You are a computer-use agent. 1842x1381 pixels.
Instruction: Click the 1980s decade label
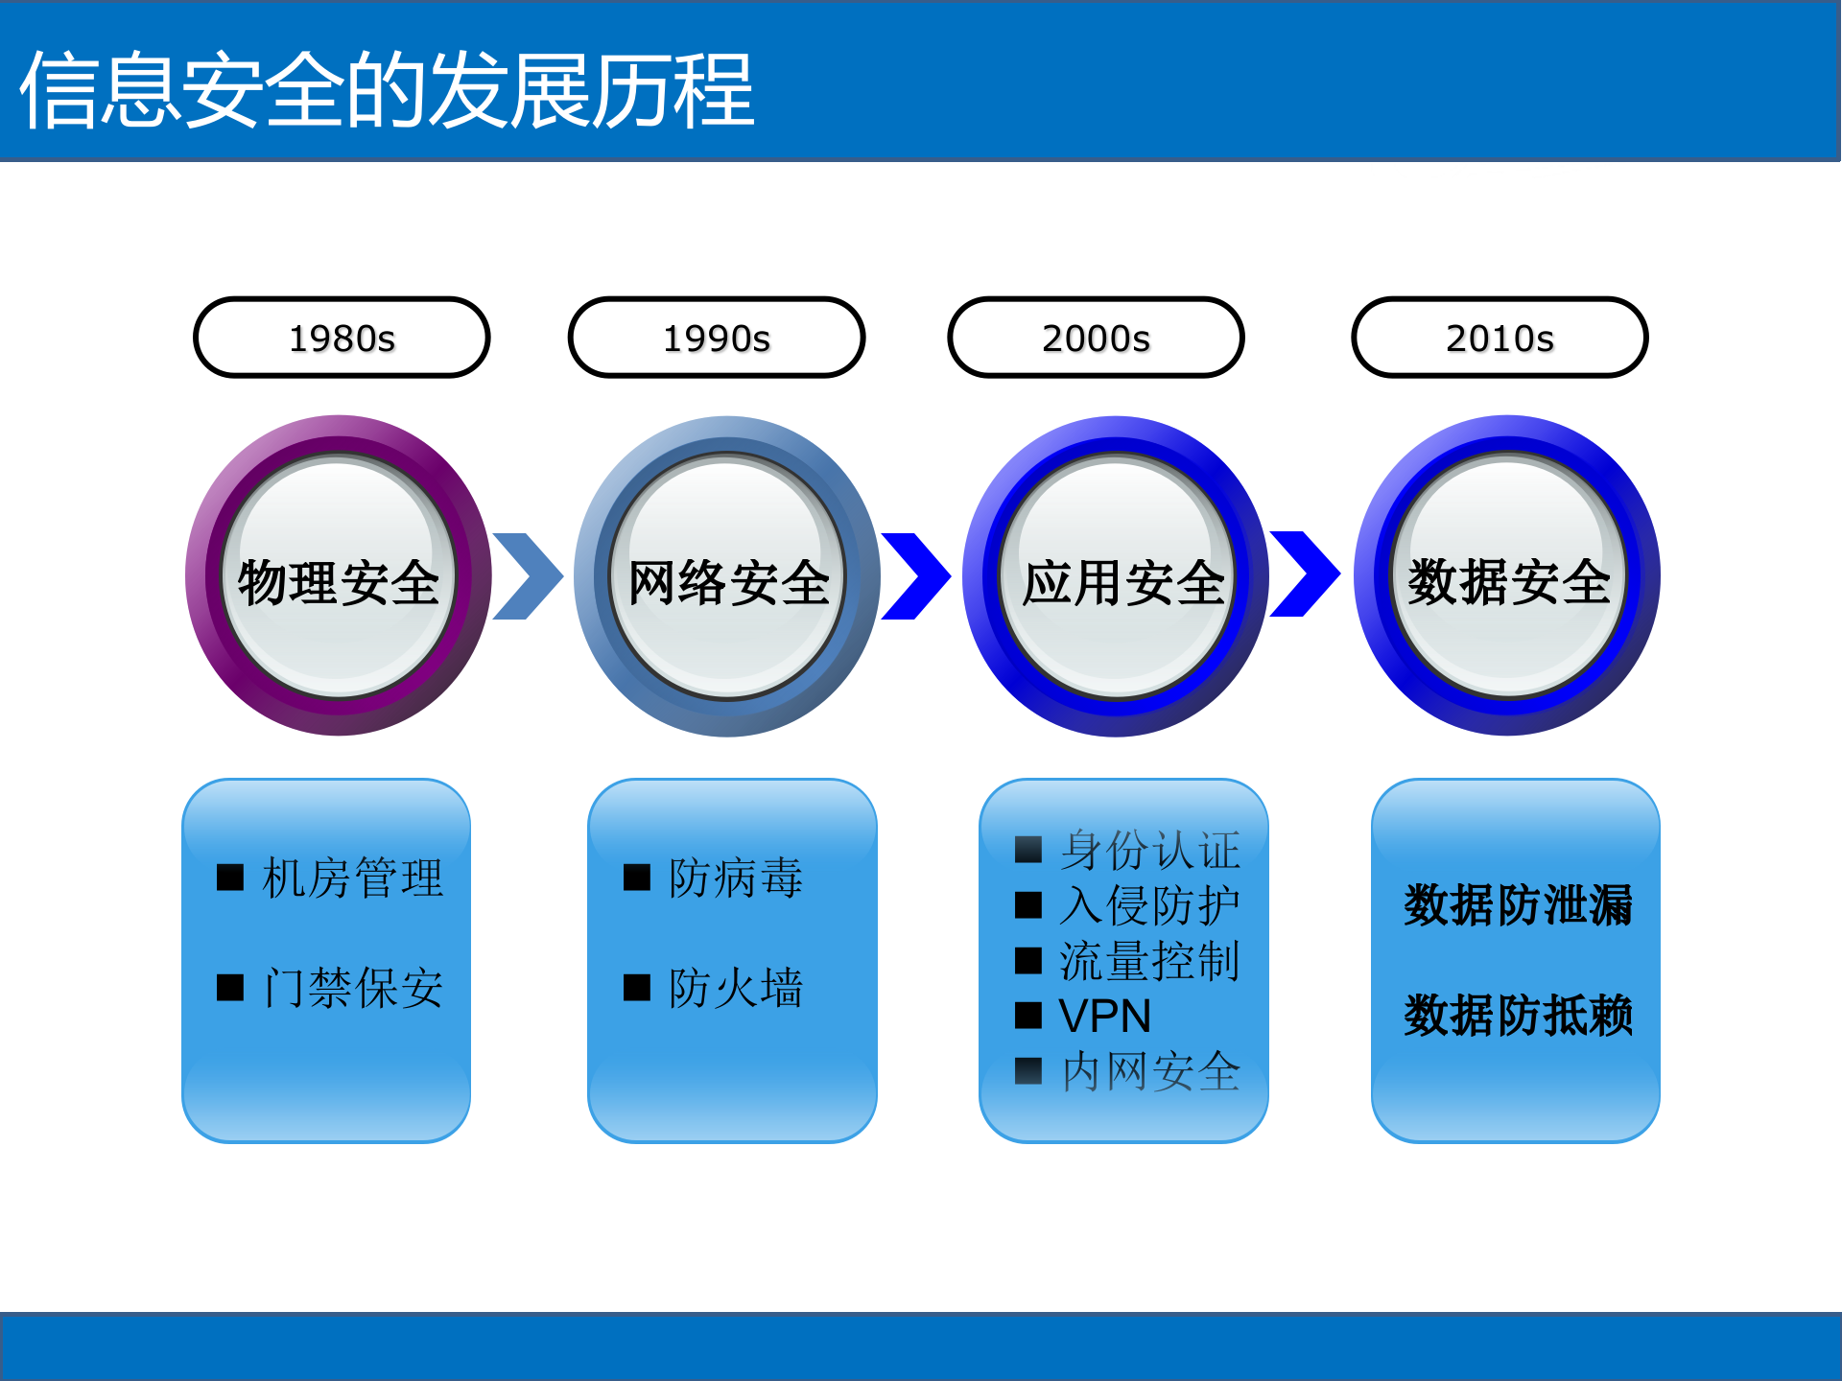(x=342, y=338)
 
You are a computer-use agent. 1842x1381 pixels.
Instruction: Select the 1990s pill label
(x=717, y=338)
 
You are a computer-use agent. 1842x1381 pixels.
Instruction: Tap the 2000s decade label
(x=1096, y=338)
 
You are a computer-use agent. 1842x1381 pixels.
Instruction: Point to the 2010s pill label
(x=1500, y=338)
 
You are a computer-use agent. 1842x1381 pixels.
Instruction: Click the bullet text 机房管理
(x=352, y=878)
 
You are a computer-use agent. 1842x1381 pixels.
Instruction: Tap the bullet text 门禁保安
(x=352, y=988)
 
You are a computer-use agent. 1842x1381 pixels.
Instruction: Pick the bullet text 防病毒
(x=735, y=878)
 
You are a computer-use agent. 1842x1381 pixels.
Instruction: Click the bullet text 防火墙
(x=735, y=988)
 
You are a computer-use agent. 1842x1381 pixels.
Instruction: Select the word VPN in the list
(x=1104, y=1016)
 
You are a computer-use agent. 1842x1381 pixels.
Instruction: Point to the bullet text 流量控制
(x=1148, y=961)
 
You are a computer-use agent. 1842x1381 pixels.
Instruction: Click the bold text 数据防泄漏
(x=1517, y=905)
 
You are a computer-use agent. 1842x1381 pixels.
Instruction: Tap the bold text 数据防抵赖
(x=1517, y=1016)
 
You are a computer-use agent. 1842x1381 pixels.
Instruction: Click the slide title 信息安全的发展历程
(x=388, y=90)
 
